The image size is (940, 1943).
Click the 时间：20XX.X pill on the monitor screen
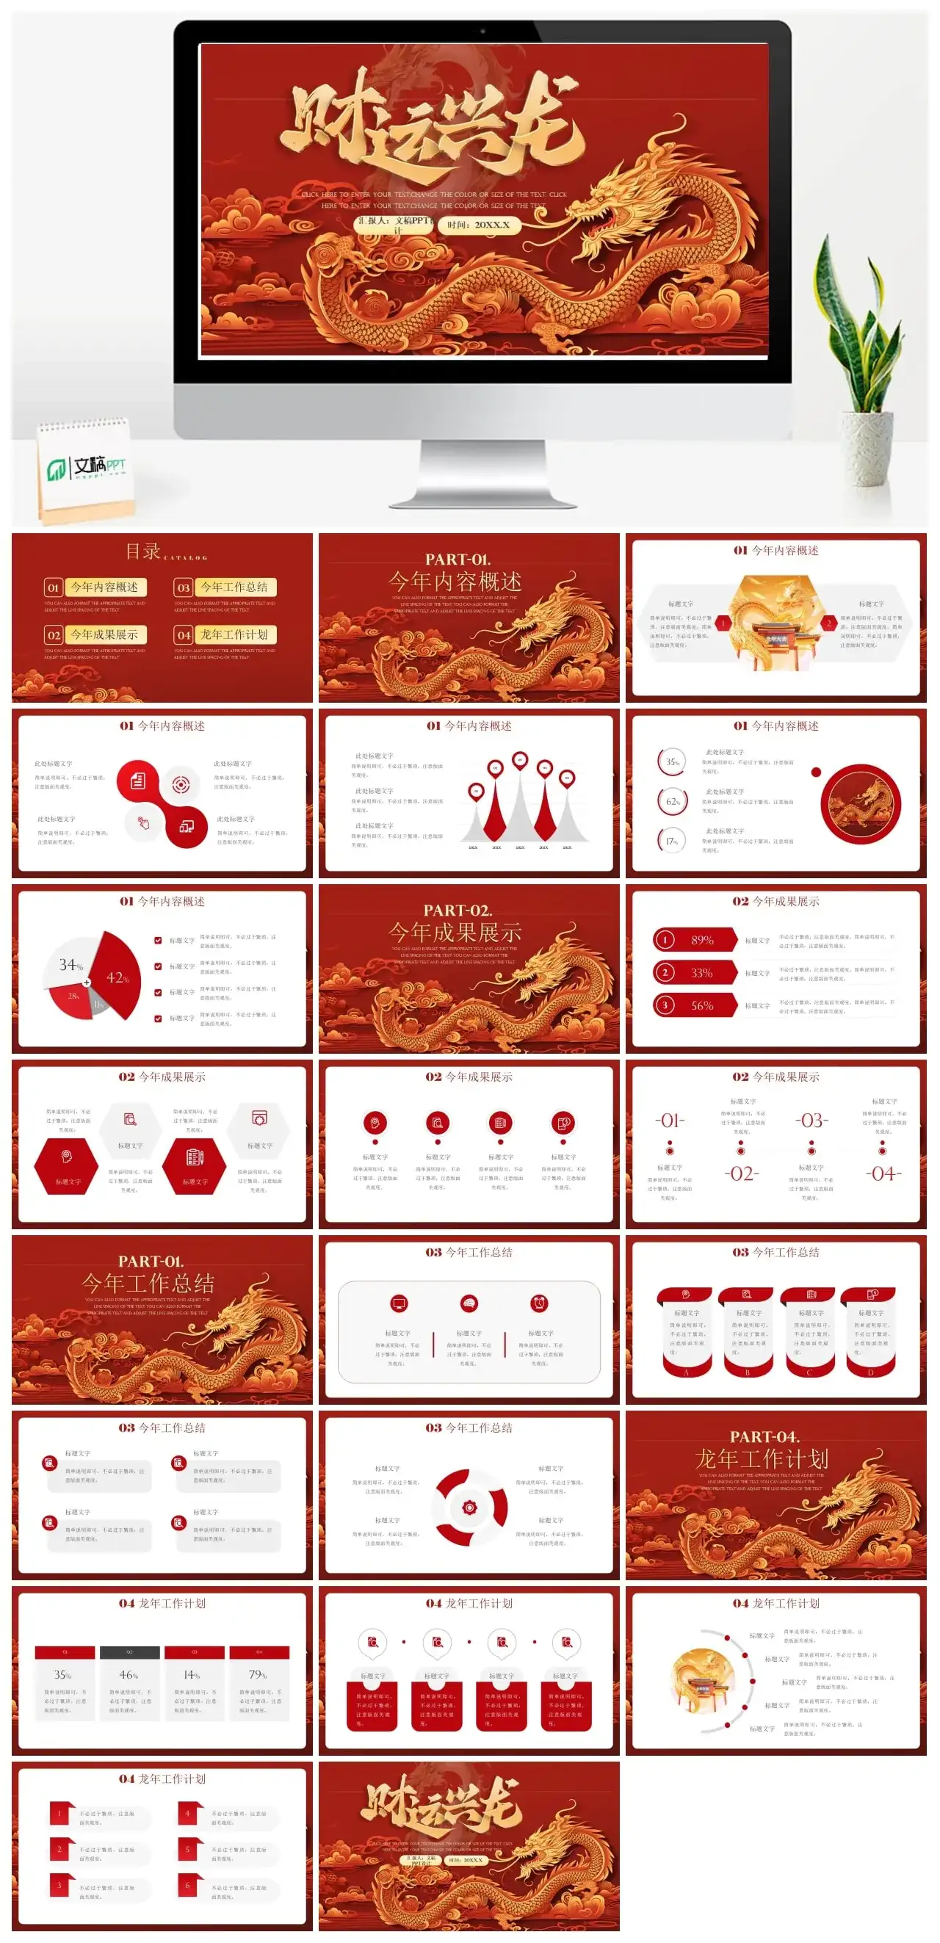[x=478, y=225]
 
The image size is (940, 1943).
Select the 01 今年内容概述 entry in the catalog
[x=95, y=587]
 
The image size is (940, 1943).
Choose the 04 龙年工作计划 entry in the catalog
[x=225, y=634]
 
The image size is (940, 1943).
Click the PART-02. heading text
[x=458, y=910]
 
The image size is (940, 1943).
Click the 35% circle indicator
[x=672, y=761]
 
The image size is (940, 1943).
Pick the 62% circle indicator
[x=672, y=801]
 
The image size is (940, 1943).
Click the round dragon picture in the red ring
[x=860, y=803]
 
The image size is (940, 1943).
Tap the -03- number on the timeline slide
[x=811, y=1120]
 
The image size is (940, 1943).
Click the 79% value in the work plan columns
[x=258, y=1674]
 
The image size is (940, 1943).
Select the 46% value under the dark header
[x=129, y=1674]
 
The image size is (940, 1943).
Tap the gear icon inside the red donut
[x=469, y=1507]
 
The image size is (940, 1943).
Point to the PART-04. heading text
[x=764, y=1436]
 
